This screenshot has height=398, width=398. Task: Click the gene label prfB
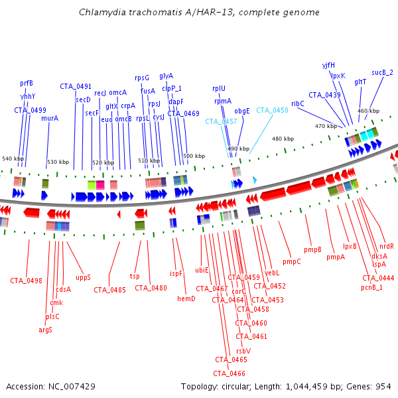(27, 84)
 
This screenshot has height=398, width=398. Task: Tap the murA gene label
(50, 119)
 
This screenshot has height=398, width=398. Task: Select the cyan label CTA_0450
(272, 111)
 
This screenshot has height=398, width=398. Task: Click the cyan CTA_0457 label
(221, 122)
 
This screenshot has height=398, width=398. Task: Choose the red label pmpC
(291, 261)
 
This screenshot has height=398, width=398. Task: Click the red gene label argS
(45, 330)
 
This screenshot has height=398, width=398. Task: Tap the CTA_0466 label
(230, 373)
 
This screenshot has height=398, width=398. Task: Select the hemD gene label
(186, 299)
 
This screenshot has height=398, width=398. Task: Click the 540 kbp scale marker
(12, 159)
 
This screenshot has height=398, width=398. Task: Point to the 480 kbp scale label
(283, 139)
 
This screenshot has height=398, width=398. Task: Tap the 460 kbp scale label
(368, 111)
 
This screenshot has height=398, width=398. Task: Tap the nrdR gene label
(387, 246)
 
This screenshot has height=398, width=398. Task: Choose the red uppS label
(83, 277)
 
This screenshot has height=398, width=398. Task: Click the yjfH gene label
(328, 65)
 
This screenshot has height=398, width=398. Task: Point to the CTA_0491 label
(76, 86)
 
